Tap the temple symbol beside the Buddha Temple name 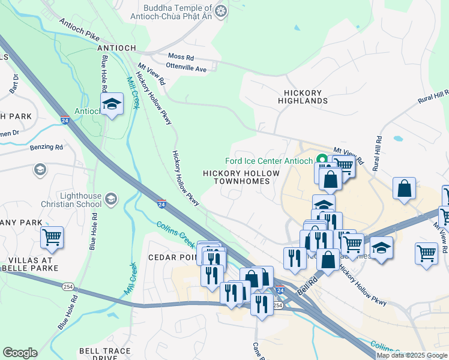click(221, 10)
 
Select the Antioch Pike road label click(78, 29)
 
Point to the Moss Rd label click(181, 57)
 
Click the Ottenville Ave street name click(186, 69)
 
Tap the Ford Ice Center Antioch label click(268, 161)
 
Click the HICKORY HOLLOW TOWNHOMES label click(241, 177)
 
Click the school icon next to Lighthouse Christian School click(110, 198)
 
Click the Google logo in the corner click(20, 353)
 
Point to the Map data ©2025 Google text click(412, 355)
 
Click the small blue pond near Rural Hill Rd click(397, 139)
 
